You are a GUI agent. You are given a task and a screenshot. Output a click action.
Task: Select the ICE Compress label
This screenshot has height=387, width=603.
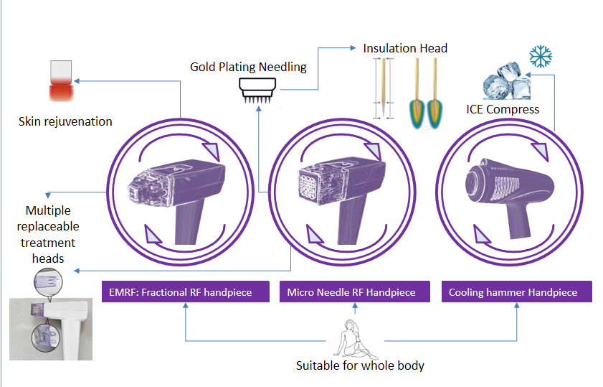click(x=503, y=109)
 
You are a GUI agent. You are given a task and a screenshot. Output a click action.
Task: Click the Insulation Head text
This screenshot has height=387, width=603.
click(x=405, y=48)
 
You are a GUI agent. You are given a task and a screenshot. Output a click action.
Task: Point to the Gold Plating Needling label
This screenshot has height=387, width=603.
click(x=248, y=67)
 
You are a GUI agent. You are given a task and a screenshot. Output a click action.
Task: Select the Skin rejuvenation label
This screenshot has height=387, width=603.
click(x=65, y=121)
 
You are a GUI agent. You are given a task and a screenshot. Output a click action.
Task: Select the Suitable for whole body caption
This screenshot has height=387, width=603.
click(x=360, y=365)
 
